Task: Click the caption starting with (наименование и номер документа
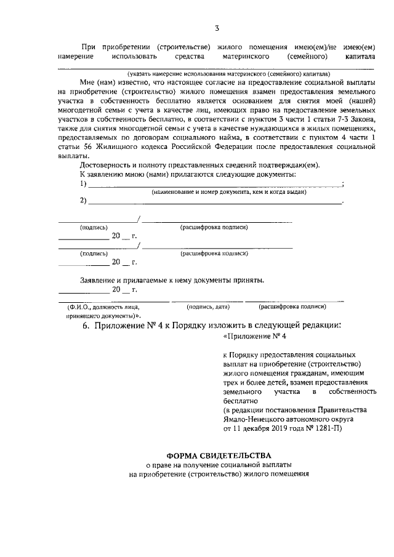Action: (229, 192)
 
